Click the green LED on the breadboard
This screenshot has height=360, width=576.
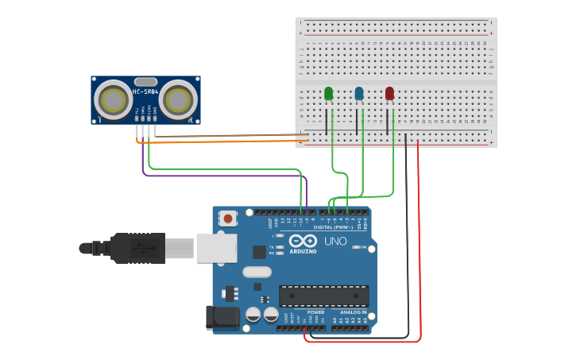[329, 95]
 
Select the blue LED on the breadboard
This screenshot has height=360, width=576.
[359, 95]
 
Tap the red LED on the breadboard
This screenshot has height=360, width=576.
[389, 95]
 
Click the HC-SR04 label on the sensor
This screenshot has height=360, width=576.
[145, 91]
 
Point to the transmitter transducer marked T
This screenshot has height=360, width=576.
[113, 100]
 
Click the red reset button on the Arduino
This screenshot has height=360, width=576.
[228, 218]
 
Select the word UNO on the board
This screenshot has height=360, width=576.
[335, 241]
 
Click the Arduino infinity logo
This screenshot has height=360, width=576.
[303, 241]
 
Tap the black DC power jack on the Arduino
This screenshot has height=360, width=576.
[222, 317]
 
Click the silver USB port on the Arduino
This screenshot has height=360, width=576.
[216, 248]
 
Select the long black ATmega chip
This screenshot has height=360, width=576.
[323, 296]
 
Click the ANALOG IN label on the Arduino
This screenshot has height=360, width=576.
[353, 312]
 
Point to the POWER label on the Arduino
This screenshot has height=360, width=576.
[315, 312]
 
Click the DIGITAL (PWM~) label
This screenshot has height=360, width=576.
[334, 227]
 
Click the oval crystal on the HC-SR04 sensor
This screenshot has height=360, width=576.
[145, 81]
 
